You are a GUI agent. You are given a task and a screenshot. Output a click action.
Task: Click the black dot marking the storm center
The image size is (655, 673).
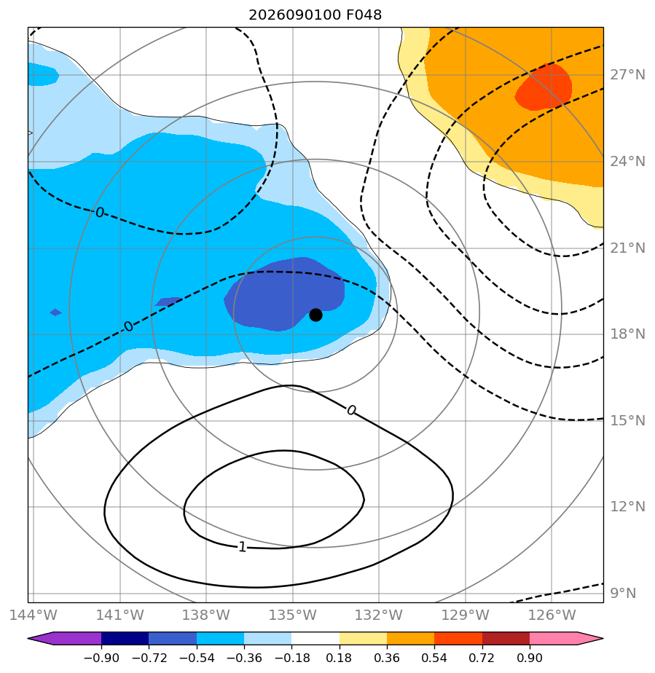click(315, 315)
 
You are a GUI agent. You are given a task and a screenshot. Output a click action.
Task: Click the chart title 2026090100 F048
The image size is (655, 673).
click(315, 15)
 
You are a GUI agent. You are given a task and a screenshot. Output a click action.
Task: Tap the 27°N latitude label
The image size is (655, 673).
click(627, 75)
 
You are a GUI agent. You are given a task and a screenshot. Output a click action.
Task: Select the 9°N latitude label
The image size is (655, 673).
click(623, 593)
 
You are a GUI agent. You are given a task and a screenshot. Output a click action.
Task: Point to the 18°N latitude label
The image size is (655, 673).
click(627, 334)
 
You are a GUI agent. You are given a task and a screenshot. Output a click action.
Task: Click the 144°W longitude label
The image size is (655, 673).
click(33, 615)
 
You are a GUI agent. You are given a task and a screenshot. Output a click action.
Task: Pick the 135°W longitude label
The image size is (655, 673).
click(293, 615)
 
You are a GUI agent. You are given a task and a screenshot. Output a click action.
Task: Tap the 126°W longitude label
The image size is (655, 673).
click(552, 615)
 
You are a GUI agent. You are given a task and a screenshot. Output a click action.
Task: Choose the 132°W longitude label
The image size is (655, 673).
click(379, 615)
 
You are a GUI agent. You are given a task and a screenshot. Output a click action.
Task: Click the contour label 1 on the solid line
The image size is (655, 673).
click(243, 547)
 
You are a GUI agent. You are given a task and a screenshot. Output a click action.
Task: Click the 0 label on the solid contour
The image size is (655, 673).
click(351, 410)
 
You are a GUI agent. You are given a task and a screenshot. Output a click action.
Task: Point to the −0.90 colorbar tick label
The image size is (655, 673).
click(101, 658)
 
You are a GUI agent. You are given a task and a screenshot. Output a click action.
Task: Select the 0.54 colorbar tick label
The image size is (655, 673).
click(434, 658)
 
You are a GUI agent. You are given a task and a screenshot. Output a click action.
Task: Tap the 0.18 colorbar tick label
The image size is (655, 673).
click(339, 658)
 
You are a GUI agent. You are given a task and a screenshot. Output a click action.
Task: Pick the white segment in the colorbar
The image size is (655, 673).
click(315, 638)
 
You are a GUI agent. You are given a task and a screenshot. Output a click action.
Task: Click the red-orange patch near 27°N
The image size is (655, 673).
click(544, 87)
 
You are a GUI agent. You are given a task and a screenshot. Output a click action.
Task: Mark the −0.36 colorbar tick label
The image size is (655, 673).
click(244, 658)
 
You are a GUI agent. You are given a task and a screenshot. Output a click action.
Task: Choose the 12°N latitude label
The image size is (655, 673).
click(627, 506)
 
